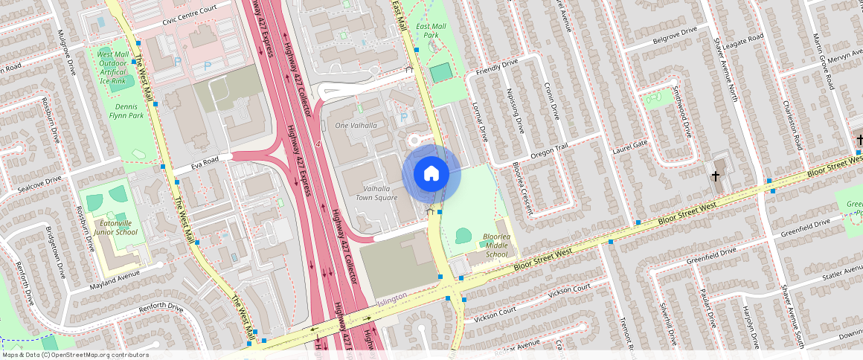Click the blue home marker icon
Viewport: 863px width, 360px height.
pos(431,174)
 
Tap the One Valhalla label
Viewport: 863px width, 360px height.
pos(356,125)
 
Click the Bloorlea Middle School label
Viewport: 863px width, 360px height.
pos(497,245)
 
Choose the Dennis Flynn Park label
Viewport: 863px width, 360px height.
pos(126,111)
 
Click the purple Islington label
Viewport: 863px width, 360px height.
pos(391,298)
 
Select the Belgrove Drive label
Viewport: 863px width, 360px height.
pos(674,33)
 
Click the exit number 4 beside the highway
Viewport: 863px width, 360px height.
pos(318,144)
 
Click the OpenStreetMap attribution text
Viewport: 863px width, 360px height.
pos(74,355)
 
